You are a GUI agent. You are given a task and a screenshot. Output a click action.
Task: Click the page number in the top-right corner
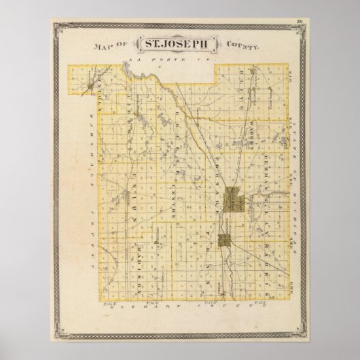point(299,22)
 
